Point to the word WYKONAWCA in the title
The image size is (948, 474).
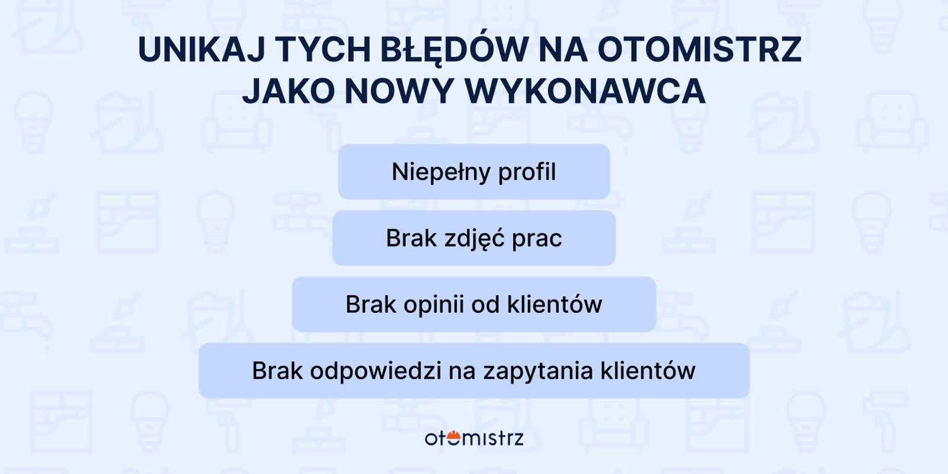click(x=585, y=91)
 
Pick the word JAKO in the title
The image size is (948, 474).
click(x=289, y=91)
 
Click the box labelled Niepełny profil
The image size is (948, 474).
click(x=474, y=172)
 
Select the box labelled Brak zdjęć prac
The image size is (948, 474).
click(x=474, y=238)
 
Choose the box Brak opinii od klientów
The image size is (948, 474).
click(x=474, y=305)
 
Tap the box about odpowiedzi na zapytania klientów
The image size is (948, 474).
click(x=474, y=371)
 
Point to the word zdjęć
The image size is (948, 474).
click(x=474, y=238)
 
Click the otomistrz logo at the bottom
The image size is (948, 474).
click(x=474, y=438)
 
